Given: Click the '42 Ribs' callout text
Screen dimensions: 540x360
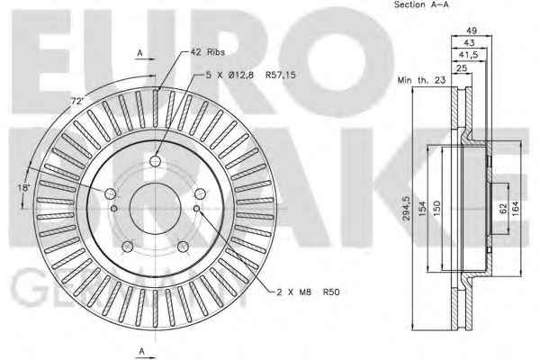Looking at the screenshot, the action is point(208,52).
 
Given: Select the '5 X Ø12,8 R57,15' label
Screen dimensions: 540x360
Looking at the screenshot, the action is point(251,75).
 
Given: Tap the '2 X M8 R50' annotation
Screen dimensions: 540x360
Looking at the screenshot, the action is point(308,292).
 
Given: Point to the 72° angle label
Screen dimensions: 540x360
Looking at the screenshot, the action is point(77,102).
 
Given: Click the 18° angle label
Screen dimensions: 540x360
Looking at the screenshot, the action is point(24,188).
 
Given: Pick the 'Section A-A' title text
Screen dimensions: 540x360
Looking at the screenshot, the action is point(421,4).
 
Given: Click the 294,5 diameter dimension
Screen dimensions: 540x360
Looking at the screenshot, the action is point(406,208).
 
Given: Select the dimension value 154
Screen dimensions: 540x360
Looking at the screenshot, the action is point(422,209).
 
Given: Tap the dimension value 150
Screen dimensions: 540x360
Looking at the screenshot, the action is point(436,208).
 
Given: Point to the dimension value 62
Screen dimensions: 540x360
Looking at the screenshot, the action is point(503,209).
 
